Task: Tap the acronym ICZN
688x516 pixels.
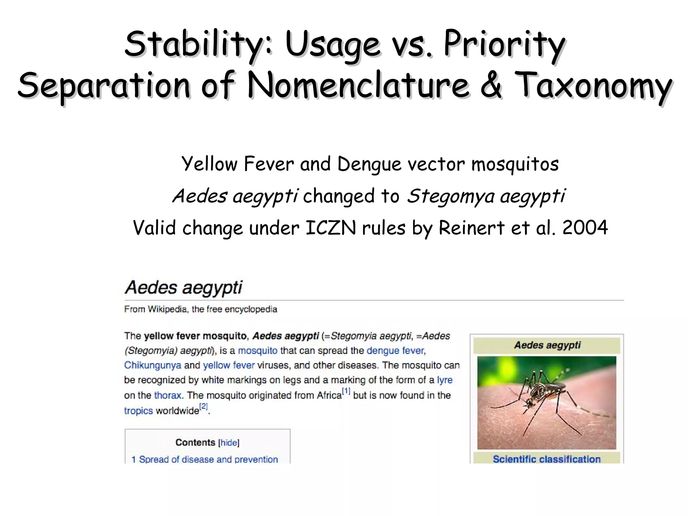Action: click(331, 228)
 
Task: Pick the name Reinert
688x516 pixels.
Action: click(472, 228)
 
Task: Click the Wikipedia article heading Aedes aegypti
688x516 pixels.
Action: click(183, 288)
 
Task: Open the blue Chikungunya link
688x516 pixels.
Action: click(153, 365)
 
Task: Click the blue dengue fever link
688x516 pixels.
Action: click(395, 351)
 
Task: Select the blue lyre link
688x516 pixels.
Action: click(445, 380)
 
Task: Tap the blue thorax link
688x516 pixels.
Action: click(168, 395)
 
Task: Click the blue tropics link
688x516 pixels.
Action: click(138, 411)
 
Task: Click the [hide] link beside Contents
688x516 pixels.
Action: click(229, 443)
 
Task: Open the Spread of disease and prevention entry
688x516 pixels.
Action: click(208, 459)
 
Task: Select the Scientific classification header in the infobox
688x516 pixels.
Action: click(547, 459)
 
